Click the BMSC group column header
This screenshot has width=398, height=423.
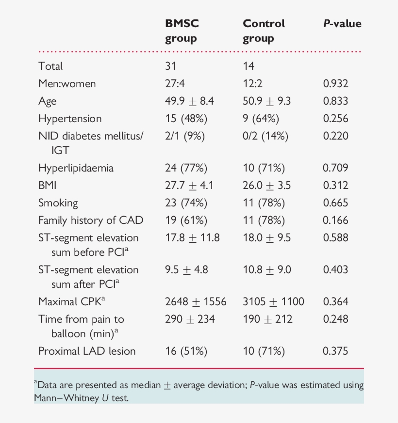click(x=182, y=31)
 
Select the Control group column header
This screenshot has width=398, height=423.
click(x=264, y=31)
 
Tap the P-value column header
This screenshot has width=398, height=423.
click(x=343, y=23)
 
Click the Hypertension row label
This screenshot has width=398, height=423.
click(x=70, y=119)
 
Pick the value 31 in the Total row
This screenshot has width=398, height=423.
click(x=170, y=66)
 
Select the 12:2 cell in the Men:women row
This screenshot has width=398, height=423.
click(x=252, y=84)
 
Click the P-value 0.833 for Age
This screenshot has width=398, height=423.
click(x=335, y=101)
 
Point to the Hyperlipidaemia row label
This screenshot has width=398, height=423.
click(x=76, y=168)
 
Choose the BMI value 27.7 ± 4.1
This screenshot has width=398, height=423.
click(x=189, y=186)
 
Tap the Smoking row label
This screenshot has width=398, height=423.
click(x=58, y=203)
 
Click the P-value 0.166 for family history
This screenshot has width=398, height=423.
click(x=335, y=220)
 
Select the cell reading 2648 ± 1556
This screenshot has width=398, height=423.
click(x=196, y=302)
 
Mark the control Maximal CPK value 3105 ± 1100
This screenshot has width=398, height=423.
click(x=273, y=302)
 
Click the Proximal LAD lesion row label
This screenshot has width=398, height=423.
click(x=87, y=351)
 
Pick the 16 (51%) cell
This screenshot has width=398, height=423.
click(x=186, y=351)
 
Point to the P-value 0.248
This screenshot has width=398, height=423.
click(x=335, y=319)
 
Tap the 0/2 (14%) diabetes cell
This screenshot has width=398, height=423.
click(x=265, y=136)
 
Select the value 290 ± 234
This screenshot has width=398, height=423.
click(x=190, y=319)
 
